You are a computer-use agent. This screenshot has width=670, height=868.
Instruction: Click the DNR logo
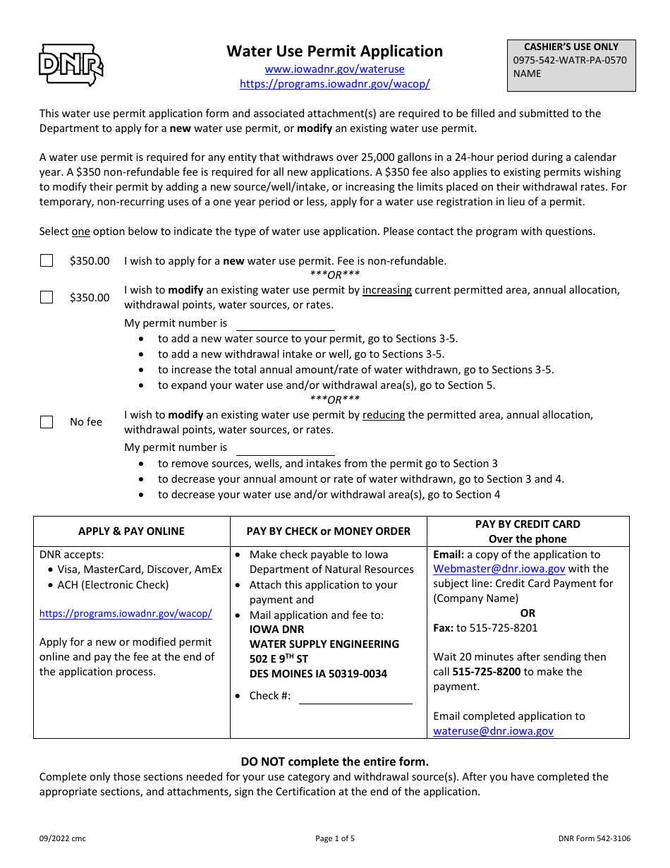[71, 64]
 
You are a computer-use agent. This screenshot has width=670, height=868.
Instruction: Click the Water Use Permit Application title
[334, 52]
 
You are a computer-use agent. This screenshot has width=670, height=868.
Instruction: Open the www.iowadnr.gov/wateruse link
[334, 69]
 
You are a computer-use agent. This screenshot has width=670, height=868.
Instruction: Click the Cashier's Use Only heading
[571, 47]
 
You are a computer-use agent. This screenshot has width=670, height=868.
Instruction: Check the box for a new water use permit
[47, 261]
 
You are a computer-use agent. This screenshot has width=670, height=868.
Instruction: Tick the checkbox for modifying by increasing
[47, 297]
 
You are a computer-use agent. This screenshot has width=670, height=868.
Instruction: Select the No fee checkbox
[47, 422]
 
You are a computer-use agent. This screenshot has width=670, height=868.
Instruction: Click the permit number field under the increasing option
[285, 324]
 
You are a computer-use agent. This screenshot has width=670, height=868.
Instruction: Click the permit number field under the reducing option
[285, 448]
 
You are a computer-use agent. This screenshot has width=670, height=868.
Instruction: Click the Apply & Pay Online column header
[131, 531]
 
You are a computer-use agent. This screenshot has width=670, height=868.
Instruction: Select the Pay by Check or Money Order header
[328, 531]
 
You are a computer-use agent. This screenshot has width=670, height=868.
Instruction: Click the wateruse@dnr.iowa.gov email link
[493, 731]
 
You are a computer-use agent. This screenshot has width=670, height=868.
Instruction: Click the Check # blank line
[355, 697]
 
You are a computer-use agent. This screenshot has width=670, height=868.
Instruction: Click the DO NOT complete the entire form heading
[334, 761]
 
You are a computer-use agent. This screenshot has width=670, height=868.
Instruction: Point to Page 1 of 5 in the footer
[334, 839]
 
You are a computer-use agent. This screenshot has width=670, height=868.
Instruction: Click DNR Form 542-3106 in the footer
[594, 839]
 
